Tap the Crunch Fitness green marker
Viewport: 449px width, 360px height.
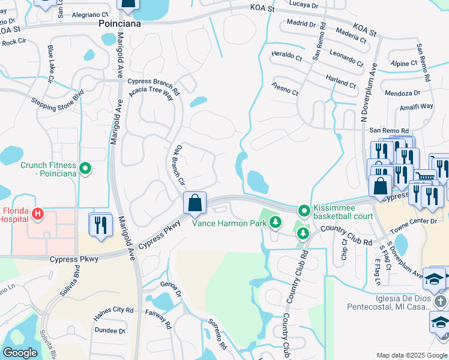pos(85,169)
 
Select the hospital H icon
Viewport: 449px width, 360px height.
pos(38,214)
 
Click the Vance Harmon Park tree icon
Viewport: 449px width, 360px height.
pos(275,223)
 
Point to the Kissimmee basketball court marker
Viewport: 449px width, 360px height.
pos(304,211)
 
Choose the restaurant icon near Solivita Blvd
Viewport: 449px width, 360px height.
pos(100,225)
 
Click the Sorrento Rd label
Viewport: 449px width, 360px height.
pos(217,334)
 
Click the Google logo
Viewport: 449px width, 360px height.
pos(20,352)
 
